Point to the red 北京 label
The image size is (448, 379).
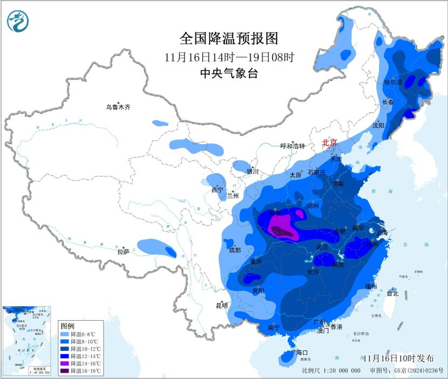330,143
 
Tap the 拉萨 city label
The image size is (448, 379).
124,252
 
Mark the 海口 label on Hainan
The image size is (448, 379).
301,353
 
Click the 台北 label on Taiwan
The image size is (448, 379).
392,293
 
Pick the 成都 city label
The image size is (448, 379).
234,250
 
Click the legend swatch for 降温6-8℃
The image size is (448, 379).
64,335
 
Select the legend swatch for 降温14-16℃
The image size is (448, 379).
64,363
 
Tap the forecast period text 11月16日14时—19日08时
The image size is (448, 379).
228,56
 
